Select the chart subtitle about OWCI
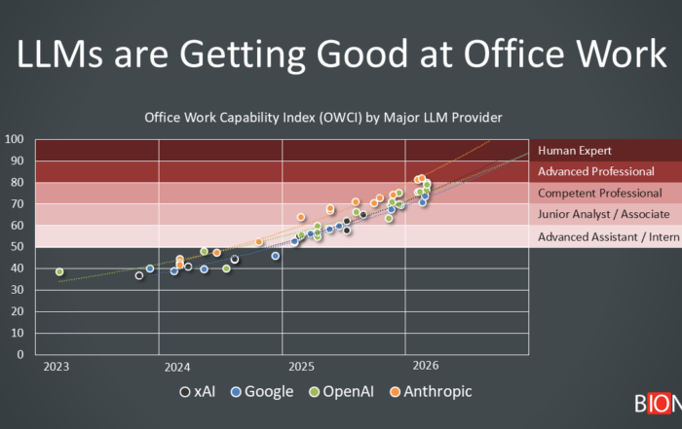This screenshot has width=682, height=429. click(x=322, y=118)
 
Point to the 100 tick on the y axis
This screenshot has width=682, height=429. click(x=15, y=139)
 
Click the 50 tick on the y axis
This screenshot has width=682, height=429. click(x=19, y=247)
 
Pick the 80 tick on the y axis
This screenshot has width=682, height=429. click(x=19, y=182)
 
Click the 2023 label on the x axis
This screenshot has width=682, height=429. click(x=56, y=368)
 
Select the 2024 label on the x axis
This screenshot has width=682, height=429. click(x=177, y=368)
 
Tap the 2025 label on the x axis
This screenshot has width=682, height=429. click(x=301, y=368)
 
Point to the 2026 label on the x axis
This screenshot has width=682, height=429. click(x=424, y=368)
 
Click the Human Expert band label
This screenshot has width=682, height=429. click(x=575, y=151)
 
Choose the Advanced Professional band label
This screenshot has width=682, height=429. click(x=596, y=172)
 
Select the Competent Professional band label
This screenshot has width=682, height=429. click(x=599, y=194)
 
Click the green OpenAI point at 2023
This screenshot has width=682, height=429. click(x=59, y=272)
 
